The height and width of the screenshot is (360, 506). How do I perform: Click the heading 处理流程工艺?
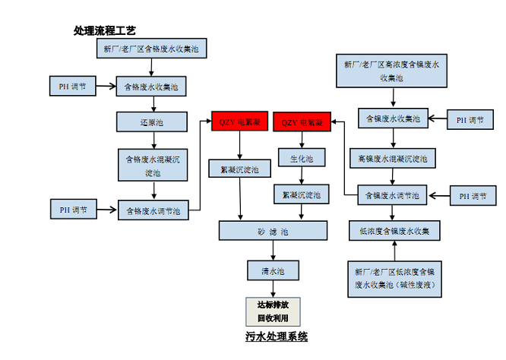[104, 31]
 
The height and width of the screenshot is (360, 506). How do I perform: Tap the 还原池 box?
[151, 121]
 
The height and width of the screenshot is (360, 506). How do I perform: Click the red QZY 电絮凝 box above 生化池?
[302, 122]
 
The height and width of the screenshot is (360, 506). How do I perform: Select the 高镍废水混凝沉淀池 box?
[392, 159]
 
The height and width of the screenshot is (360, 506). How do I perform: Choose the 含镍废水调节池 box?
[392, 194]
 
